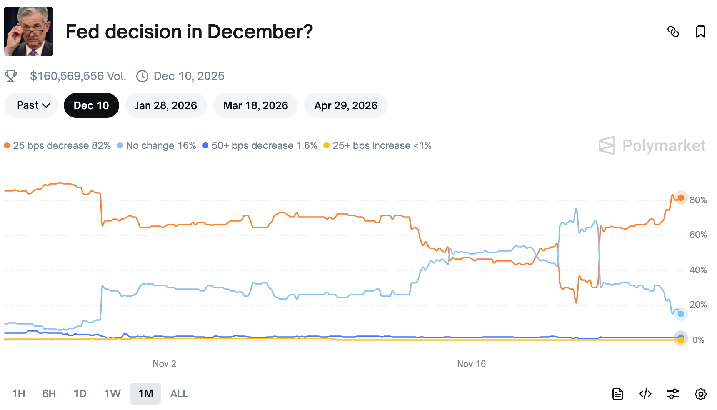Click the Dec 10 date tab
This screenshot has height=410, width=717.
[x=91, y=105]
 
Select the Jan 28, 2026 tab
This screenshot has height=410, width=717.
[x=166, y=105]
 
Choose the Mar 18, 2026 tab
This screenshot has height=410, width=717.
[x=255, y=105]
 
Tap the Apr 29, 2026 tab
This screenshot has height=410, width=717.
[x=345, y=105]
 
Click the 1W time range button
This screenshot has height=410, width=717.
[x=112, y=393]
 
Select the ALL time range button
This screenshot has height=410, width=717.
[x=179, y=393]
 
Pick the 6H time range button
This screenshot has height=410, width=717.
[x=49, y=393]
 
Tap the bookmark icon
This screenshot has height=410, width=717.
[x=700, y=32]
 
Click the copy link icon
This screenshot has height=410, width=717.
[x=673, y=32]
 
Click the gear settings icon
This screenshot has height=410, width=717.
[x=700, y=394]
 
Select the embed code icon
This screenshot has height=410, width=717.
[x=645, y=394]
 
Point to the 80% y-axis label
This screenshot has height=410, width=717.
[x=698, y=200]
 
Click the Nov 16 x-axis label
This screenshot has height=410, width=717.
[x=471, y=364]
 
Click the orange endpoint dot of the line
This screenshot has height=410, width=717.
[x=680, y=198]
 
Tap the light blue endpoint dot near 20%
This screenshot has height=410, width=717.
[x=680, y=314]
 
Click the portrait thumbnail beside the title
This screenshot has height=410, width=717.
[x=28, y=32]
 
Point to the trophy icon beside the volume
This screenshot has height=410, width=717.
[x=11, y=76]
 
